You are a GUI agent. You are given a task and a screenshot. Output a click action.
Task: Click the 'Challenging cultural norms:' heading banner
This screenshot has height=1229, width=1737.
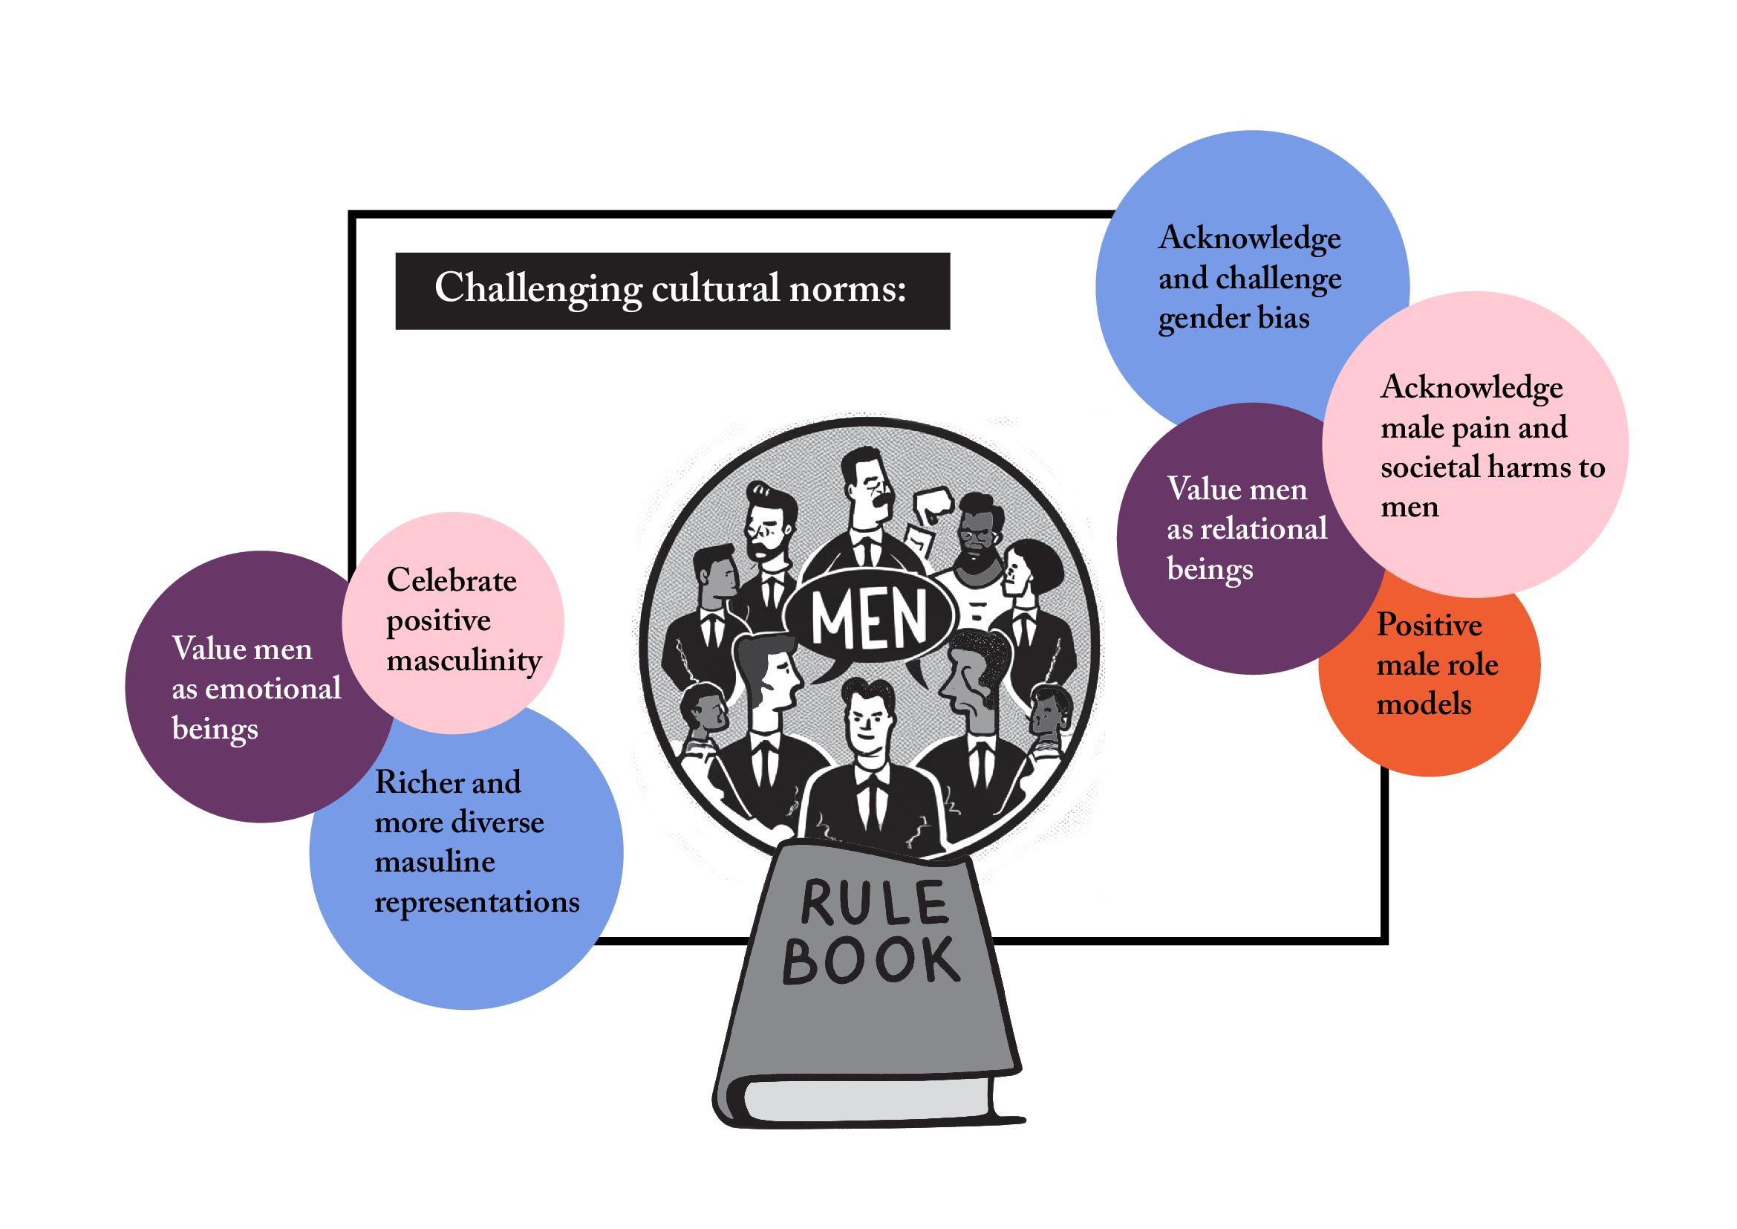click(672, 291)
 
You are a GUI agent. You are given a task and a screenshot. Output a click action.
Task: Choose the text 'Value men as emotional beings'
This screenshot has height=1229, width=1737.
click(255, 689)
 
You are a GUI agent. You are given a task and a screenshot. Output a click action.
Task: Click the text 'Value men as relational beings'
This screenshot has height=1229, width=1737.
click(1246, 529)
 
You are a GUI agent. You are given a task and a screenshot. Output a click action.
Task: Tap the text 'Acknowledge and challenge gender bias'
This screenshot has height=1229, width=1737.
click(1249, 279)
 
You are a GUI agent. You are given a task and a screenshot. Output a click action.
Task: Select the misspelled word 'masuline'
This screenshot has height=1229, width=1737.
click(434, 862)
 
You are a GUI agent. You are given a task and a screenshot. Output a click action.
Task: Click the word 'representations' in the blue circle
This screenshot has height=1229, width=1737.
click(477, 902)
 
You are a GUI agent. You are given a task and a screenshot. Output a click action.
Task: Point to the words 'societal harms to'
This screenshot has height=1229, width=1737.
click(1492, 467)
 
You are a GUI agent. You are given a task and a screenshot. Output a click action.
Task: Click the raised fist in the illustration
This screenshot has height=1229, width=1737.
click(932, 505)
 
